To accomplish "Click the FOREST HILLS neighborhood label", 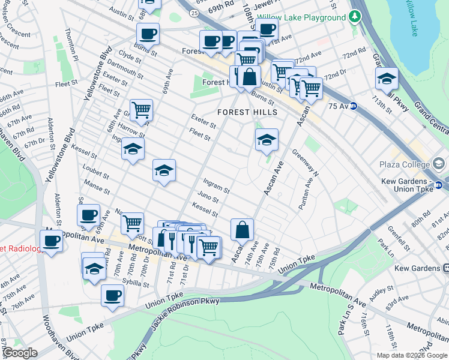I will (x=247, y=112).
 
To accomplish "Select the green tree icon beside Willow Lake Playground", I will (x=355, y=16).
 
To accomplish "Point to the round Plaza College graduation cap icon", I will (x=438, y=164).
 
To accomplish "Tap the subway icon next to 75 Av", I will (x=354, y=106).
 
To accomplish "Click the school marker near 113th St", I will (x=387, y=79).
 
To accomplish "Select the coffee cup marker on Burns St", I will (x=147, y=34).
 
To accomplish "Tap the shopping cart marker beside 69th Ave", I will (x=141, y=110).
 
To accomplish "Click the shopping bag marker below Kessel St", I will (x=242, y=230).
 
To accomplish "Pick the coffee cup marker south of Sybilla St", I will (x=113, y=296).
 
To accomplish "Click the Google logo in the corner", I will (x=20, y=353).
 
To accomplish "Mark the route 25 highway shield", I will (x=192, y=12).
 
